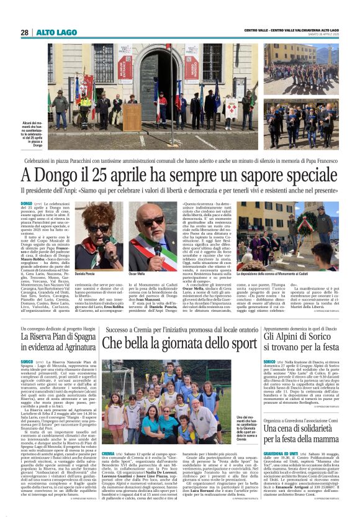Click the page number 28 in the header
point(24,32)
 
